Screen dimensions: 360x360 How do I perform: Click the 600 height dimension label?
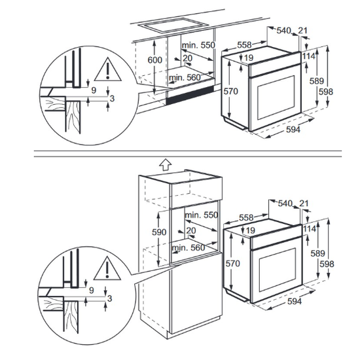(154, 60)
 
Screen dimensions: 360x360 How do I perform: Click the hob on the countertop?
(172, 27)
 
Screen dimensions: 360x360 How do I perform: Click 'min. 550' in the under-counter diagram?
(198, 45)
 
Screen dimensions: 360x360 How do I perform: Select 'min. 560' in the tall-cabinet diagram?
(188, 249)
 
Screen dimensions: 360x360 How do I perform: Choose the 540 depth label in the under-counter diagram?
(284, 30)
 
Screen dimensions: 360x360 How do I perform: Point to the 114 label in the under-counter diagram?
(309, 56)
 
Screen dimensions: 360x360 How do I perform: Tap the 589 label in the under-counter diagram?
(317, 81)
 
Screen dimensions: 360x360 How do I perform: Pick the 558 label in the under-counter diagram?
(244, 45)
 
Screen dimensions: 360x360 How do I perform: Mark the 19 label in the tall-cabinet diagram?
(251, 230)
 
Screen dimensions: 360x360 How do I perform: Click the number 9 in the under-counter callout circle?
(93, 89)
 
